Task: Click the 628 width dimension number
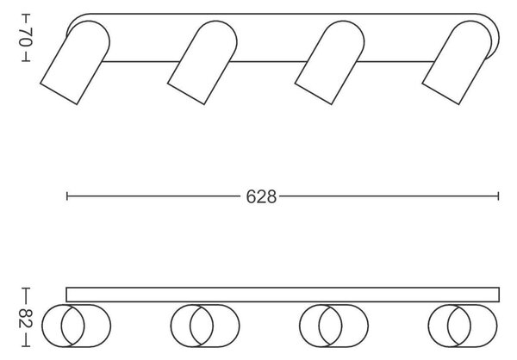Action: point(261,197)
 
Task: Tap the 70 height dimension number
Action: point(25,37)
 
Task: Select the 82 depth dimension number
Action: point(25,319)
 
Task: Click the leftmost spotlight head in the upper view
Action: point(75,62)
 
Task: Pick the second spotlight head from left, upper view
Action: point(202,62)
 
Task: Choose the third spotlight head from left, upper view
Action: point(330,62)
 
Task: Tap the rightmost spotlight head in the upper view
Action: point(457,62)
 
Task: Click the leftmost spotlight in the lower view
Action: point(76,326)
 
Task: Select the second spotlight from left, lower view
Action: point(205,326)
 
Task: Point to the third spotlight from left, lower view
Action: point(333,326)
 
